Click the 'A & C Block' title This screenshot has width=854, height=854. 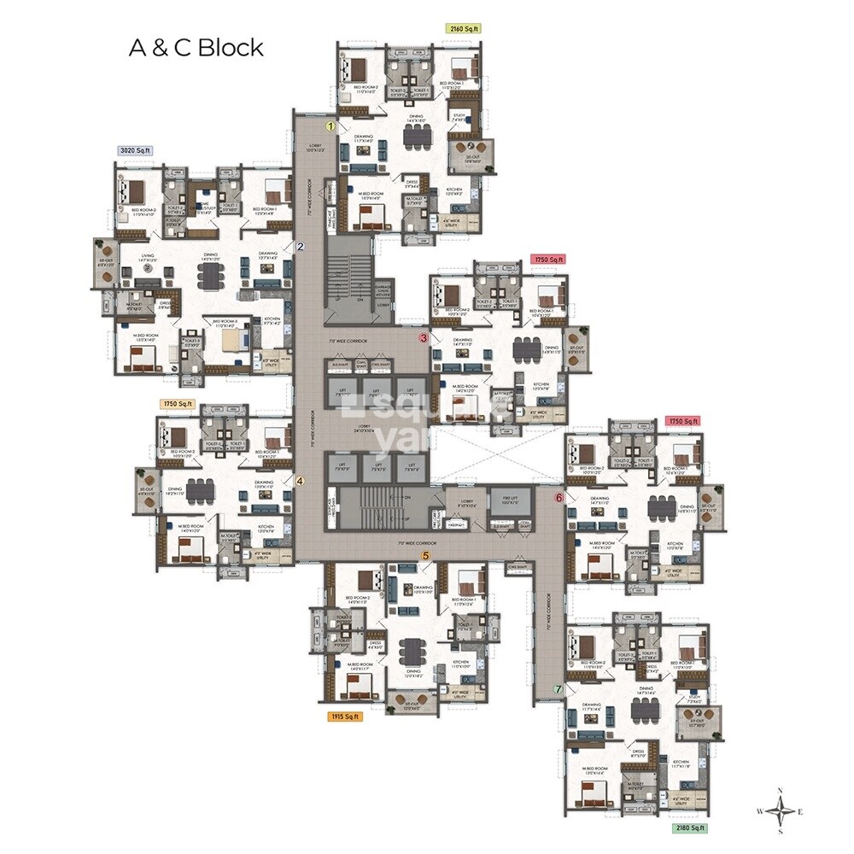pos(196,47)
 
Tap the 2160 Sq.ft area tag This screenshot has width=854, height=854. pos(464,28)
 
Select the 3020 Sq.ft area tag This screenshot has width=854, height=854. pos(134,150)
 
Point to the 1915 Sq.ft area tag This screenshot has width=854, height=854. pos(345,717)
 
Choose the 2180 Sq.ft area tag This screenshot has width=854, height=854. pos(688,828)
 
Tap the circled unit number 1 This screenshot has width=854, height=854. pos(330,126)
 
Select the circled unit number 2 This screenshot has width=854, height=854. pos(301,247)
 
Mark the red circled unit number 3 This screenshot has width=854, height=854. pos(423,338)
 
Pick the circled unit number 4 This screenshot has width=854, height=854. pos(300,480)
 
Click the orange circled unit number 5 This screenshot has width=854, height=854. pos(424,556)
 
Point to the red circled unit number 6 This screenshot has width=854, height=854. pos(559,496)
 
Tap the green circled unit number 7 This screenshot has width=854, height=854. pos(559,688)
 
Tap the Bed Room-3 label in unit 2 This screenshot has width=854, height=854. pos(225,324)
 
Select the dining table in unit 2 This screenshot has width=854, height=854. pos(208,274)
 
